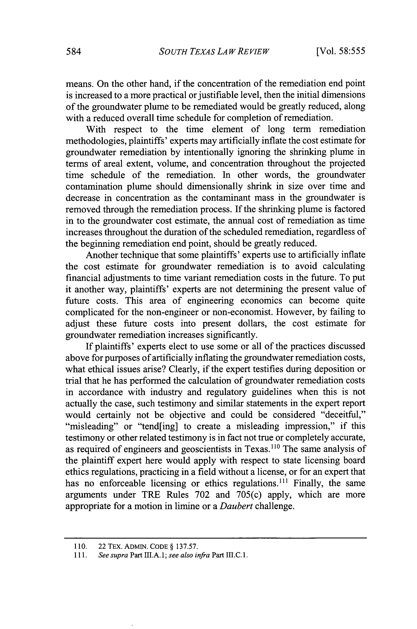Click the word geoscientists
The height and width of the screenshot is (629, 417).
click(x=206, y=449)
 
